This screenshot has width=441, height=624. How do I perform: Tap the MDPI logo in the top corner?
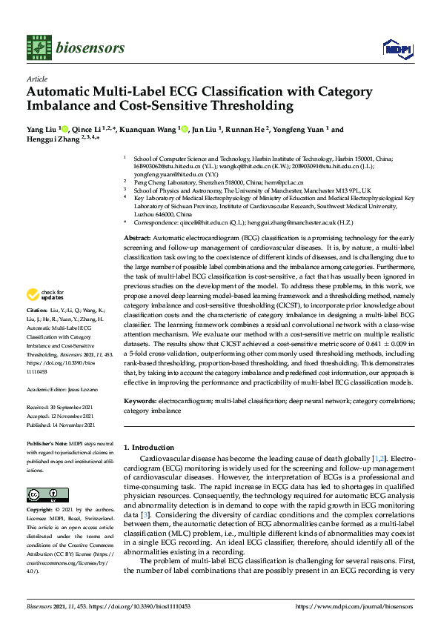[x=396, y=48]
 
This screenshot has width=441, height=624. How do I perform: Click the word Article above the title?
[x=36, y=79]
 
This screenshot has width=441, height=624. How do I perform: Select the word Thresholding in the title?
[x=255, y=106]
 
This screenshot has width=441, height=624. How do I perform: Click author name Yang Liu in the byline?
[x=43, y=130]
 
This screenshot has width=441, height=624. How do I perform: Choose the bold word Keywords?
[x=139, y=400]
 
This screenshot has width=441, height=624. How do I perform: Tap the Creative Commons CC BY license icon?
[x=42, y=494]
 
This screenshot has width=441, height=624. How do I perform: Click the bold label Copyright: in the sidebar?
[x=42, y=511]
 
